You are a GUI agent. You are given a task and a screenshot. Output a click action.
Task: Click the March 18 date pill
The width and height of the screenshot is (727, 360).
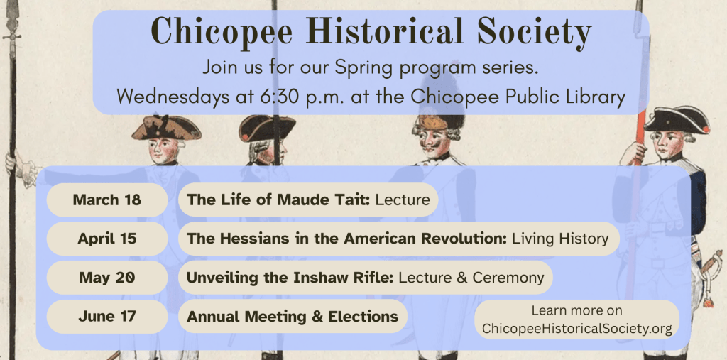[x=106, y=200]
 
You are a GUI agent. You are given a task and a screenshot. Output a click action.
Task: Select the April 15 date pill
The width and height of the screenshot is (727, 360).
[x=106, y=239]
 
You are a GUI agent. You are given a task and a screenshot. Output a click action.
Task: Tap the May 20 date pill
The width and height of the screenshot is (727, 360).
[x=106, y=277]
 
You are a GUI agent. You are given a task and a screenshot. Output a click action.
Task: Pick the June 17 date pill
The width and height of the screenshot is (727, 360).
[x=106, y=316]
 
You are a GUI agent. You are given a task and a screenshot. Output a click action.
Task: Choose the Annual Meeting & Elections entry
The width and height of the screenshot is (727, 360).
[x=293, y=316]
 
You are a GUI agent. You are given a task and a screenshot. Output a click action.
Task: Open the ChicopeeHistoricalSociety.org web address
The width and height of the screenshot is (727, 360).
[x=576, y=329]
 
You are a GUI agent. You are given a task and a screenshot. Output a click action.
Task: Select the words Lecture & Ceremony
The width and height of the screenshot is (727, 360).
[x=471, y=277]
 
